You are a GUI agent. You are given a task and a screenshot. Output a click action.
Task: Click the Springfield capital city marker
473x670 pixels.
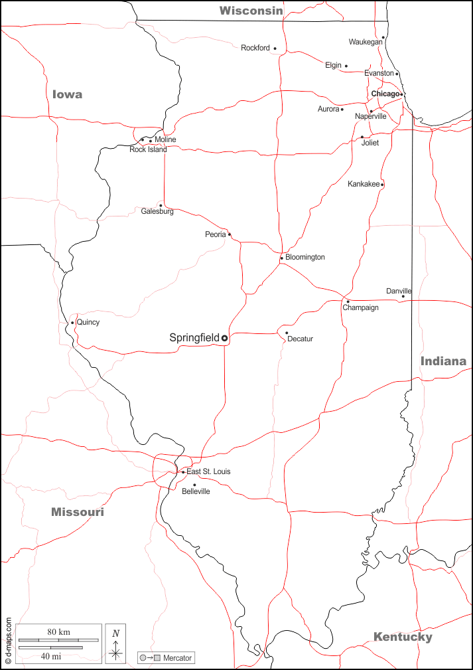pyautogui.click(x=224, y=338)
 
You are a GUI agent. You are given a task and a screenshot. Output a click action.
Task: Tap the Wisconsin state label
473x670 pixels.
pyautogui.click(x=251, y=11)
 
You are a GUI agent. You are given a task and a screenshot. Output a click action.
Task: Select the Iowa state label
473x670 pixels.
pyautogui.click(x=68, y=94)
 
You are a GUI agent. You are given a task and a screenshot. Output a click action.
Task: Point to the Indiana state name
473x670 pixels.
pyautogui.click(x=443, y=361)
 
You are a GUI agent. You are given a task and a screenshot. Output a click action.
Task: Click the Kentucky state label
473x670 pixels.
pyautogui.click(x=403, y=637)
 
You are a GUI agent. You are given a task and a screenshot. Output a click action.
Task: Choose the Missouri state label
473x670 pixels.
pyautogui.click(x=78, y=512)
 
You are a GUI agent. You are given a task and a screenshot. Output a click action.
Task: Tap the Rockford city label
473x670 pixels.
pyautogui.click(x=255, y=48)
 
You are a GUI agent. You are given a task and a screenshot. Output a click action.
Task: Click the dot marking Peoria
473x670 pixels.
pyautogui.click(x=230, y=234)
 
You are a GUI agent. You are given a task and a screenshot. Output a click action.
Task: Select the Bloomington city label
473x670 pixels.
pyautogui.click(x=305, y=257)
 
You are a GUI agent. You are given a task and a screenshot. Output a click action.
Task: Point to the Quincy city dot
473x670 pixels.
pyautogui.click(x=72, y=323)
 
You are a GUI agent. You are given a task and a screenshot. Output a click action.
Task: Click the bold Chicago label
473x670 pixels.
pyautogui.click(x=385, y=94)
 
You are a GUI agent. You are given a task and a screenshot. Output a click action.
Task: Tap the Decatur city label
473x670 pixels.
pyautogui.click(x=300, y=339)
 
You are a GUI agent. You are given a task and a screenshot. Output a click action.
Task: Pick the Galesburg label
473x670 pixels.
pyautogui.click(x=157, y=212)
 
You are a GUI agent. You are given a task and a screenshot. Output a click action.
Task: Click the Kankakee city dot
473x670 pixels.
pyautogui.click(x=382, y=184)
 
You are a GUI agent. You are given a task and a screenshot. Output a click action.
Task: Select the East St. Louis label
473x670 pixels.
pyautogui.click(x=208, y=471)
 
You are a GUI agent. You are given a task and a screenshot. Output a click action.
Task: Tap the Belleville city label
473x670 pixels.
pyautogui.click(x=196, y=491)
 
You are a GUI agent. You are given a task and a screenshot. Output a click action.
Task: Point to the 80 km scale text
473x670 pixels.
pyautogui.click(x=58, y=631)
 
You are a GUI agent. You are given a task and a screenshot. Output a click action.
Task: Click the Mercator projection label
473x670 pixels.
pyautogui.click(x=175, y=658)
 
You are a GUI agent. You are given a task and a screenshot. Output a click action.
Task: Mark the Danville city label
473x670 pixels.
pyautogui.click(x=399, y=291)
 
